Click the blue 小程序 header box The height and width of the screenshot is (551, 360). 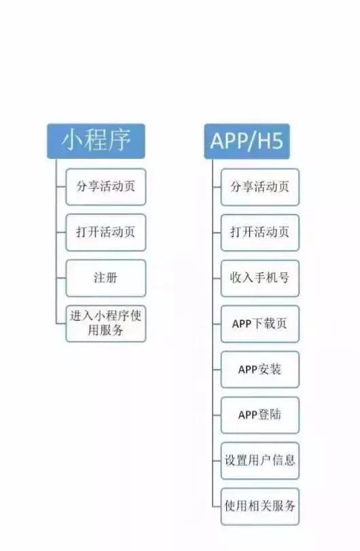click(x=96, y=141)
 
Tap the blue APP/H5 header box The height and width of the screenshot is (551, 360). click(x=247, y=141)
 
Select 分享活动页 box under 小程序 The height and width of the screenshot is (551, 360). click(x=106, y=187)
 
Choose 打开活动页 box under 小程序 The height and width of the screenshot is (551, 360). click(x=106, y=232)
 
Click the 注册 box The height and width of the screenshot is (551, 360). click(x=106, y=278)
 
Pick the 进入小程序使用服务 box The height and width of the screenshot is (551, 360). click(x=106, y=323)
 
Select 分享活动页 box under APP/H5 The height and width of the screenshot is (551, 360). click(x=260, y=187)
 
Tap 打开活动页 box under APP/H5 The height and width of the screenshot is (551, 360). click(x=260, y=232)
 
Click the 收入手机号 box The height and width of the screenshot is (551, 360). click(x=260, y=279)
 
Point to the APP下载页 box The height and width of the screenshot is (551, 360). click(x=260, y=324)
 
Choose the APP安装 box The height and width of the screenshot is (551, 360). click(x=260, y=370)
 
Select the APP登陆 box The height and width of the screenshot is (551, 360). click(x=260, y=415)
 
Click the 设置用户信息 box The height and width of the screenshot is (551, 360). click(x=260, y=461)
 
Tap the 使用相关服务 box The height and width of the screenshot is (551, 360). click(x=260, y=506)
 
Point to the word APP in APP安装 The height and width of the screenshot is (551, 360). click(x=248, y=370)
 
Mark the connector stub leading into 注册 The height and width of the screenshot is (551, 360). click(x=60, y=278)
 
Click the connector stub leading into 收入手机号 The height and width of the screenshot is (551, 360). click(x=217, y=279)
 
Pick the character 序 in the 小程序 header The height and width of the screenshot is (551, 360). click(x=120, y=140)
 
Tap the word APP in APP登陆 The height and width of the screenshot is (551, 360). click(x=248, y=415)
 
